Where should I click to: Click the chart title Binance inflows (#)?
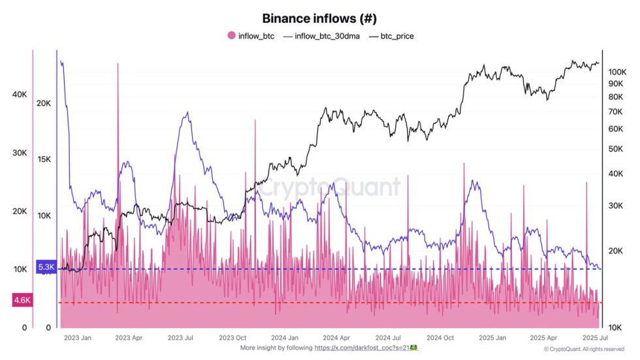coord(319,18)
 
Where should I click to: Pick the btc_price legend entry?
coord(392,36)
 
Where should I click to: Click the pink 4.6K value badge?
coord(22,301)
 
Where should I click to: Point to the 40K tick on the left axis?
coord(20,95)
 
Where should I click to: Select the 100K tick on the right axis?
coord(617,72)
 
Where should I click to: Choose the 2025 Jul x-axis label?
coord(594,338)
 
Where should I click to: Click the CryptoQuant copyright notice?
coord(593,350)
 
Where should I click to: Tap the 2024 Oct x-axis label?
coord(440,338)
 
